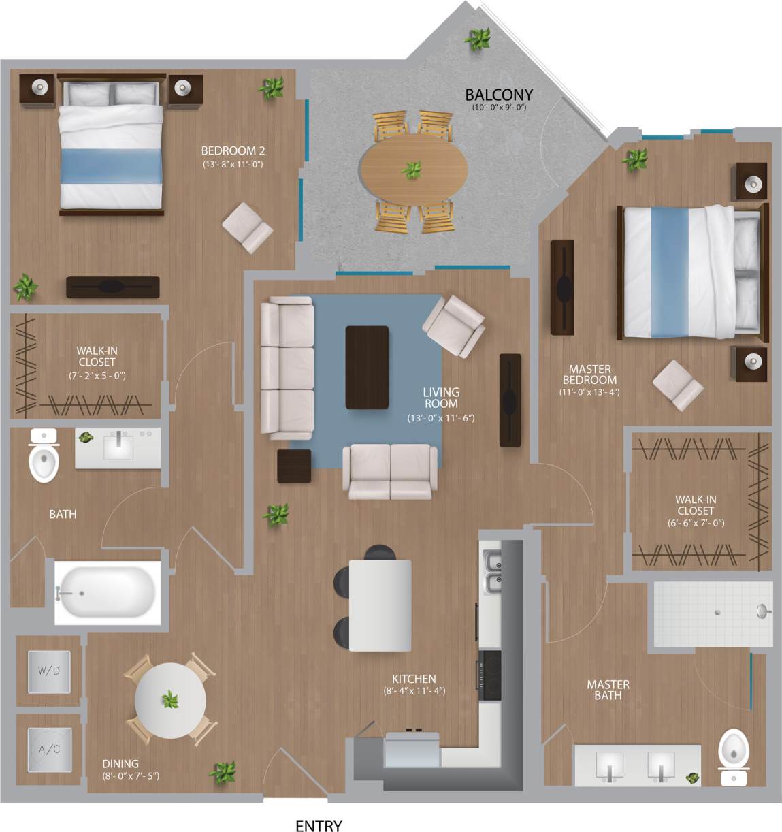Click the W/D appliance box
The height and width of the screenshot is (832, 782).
click(x=49, y=671)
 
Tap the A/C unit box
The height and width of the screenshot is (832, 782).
click(x=49, y=750)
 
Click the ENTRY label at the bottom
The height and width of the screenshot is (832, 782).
click(x=319, y=825)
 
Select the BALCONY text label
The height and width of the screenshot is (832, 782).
click(x=498, y=95)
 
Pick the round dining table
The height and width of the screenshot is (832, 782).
click(x=170, y=700)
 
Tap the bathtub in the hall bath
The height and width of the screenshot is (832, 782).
click(x=107, y=592)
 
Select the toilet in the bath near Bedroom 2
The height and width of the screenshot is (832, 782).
click(x=44, y=456)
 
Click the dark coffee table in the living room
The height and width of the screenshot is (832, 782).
click(x=367, y=367)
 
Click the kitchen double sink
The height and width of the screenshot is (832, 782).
click(x=491, y=572)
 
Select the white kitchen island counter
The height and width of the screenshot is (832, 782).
click(x=380, y=605)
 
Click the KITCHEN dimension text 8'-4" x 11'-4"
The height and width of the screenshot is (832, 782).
click(x=414, y=691)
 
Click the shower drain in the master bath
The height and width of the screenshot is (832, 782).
click(x=717, y=612)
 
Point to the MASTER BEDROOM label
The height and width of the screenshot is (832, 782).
click(x=589, y=374)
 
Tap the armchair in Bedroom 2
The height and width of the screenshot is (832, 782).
click(x=248, y=227)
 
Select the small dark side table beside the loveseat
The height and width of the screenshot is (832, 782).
click(x=294, y=466)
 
